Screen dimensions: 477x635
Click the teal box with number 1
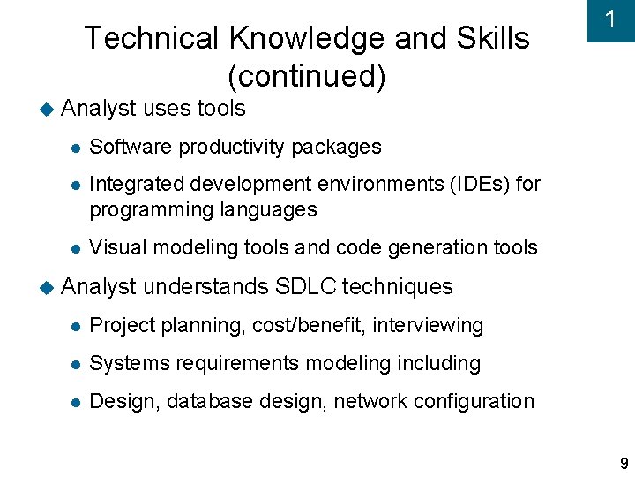(610, 21)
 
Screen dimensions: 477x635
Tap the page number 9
(624, 464)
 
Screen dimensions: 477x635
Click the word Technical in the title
(151, 38)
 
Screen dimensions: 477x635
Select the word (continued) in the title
(307, 77)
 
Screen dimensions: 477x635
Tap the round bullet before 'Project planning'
(78, 326)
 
